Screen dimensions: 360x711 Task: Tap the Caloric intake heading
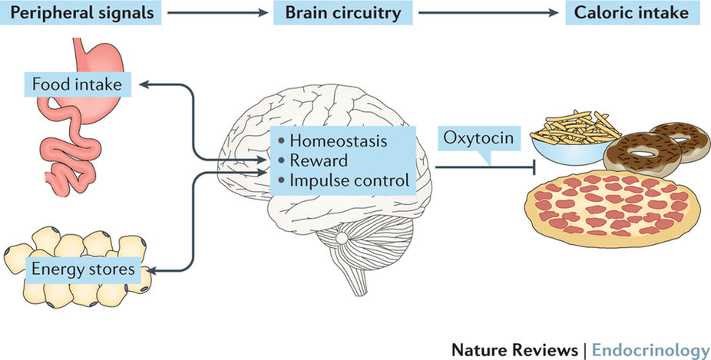coord(627,13)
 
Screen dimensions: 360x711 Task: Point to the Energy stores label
coord(83,269)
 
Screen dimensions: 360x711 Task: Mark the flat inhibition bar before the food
coord(518,167)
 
